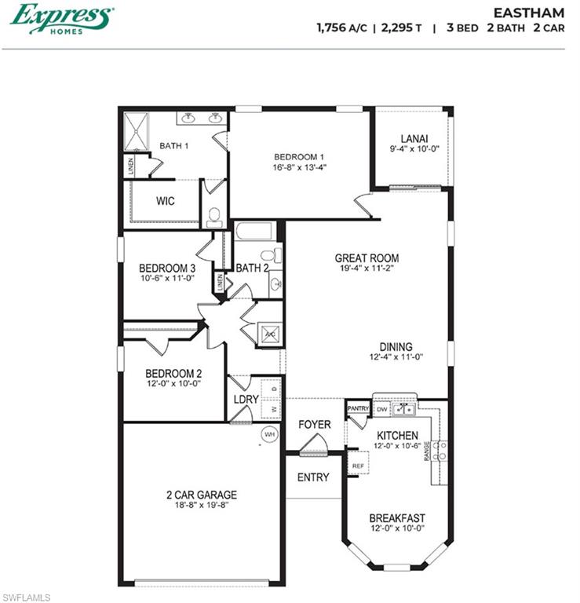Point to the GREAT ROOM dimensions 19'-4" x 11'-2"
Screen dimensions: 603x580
click(367, 269)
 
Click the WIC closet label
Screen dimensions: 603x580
click(165, 201)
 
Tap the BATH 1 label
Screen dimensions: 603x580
click(173, 145)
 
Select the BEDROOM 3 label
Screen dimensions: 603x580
click(167, 267)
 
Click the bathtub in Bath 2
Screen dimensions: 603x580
click(254, 232)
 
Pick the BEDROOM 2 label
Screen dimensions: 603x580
click(173, 373)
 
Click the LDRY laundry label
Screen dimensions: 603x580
click(246, 399)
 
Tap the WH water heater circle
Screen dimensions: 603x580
click(269, 433)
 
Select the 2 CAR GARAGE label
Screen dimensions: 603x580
click(201, 495)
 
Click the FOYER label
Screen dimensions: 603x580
click(314, 425)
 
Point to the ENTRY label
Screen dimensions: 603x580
click(313, 477)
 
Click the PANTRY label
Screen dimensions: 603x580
click(358, 408)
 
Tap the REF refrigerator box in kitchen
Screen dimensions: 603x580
click(358, 465)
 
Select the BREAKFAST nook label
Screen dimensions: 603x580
click(397, 518)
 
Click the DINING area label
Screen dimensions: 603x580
click(396, 346)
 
